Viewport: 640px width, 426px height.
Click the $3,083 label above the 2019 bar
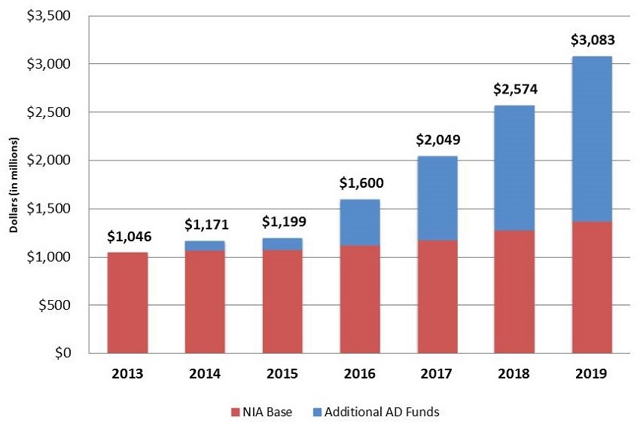click(x=591, y=38)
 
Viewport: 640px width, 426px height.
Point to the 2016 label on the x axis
click(x=360, y=372)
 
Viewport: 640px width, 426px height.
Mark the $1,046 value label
click(x=128, y=235)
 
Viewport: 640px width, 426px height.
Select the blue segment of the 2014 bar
click(x=206, y=245)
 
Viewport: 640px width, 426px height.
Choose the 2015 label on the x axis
click(x=282, y=372)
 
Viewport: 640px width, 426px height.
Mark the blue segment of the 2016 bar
click(x=360, y=222)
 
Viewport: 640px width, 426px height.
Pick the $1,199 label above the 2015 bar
click(x=282, y=222)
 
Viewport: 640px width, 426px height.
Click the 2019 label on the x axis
click(x=591, y=372)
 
